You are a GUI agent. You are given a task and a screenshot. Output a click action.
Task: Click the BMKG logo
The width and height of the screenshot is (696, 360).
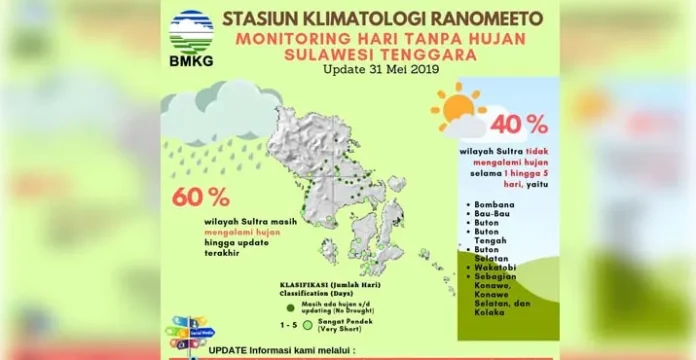[190, 37]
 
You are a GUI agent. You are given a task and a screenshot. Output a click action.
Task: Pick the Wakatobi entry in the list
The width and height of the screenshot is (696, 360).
[501, 267]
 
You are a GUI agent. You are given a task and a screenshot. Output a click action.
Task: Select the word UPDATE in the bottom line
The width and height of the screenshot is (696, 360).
[231, 351]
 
